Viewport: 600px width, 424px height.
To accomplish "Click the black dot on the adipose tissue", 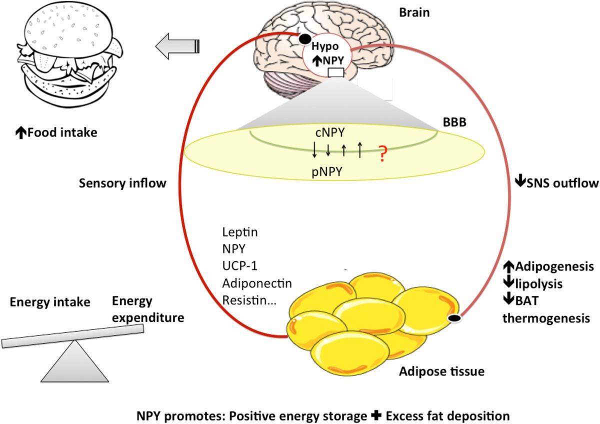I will (x=455, y=318).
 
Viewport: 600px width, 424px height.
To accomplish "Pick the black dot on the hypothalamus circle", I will (x=303, y=37).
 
